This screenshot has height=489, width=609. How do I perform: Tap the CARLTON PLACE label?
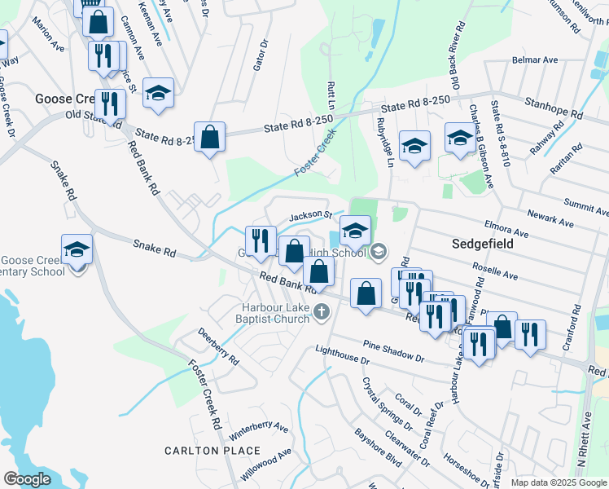212,451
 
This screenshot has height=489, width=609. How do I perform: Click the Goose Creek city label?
67,98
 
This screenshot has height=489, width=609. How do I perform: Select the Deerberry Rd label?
218,347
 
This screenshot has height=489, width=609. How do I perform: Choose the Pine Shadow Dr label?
394,351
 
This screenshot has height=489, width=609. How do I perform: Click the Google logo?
27,479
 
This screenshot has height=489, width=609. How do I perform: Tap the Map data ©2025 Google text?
558,482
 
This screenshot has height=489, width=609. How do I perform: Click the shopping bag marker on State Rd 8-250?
210,138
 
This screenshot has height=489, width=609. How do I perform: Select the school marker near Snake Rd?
77,250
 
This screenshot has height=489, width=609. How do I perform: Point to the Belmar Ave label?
534,60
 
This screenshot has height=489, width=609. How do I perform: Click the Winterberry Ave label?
260,426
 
